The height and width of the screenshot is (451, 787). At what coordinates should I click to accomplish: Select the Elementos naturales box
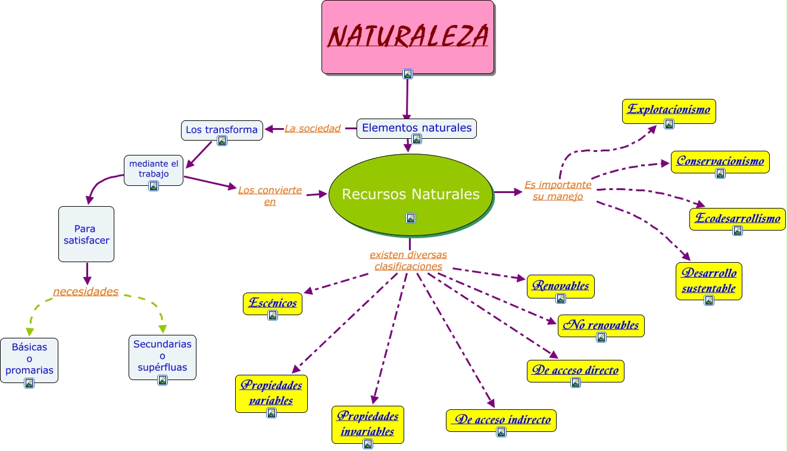pos(417,127)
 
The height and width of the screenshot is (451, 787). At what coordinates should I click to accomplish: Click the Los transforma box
pos(221,129)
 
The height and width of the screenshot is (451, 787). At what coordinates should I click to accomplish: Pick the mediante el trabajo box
pos(154,169)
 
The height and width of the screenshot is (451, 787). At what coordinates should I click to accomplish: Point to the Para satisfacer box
pos(86,234)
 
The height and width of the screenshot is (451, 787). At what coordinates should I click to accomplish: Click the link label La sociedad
pos(313,128)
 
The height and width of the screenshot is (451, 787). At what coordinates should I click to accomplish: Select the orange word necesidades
pos(86,291)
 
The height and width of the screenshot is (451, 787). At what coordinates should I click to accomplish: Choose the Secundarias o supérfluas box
pos(163,356)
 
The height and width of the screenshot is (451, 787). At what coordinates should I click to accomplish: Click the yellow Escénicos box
pos(273,303)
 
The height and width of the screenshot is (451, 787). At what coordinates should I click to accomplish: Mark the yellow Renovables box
pos(560,285)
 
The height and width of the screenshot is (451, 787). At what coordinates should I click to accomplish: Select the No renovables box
pos(601,325)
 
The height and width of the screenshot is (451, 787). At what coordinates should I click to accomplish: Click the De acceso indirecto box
pos(501,419)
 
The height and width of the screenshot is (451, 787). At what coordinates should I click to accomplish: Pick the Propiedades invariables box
pos(367,424)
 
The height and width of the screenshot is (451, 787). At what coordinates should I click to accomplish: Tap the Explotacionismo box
pos(669,110)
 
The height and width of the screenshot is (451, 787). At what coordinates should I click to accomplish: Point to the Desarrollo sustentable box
pos(709,280)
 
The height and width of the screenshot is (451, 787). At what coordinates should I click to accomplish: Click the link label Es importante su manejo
pos(558,191)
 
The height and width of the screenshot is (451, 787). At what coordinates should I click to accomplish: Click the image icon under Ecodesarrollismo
pos(738,231)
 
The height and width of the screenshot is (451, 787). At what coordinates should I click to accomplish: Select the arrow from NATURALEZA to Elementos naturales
pos(407,98)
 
